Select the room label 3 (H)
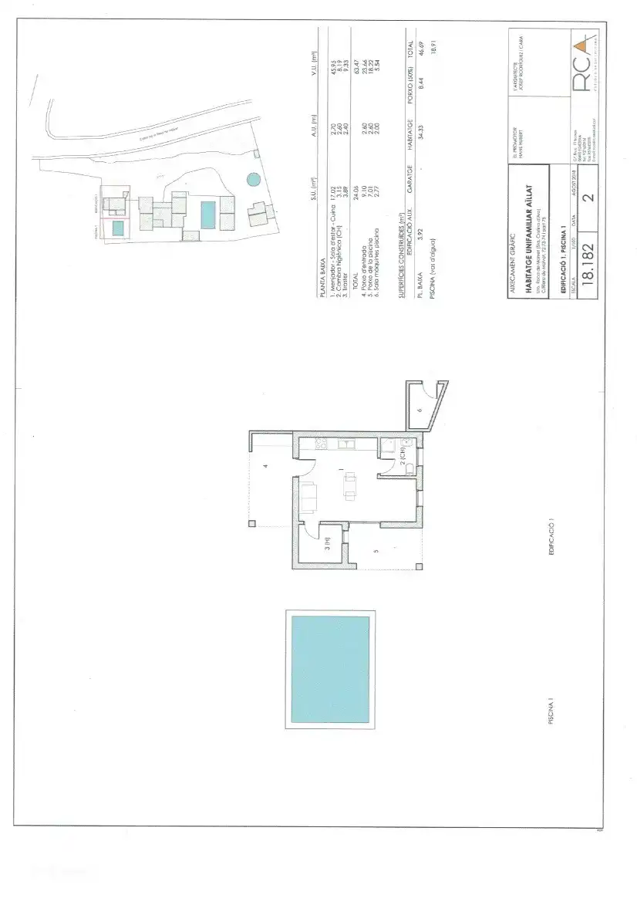327,549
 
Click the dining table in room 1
350,486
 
